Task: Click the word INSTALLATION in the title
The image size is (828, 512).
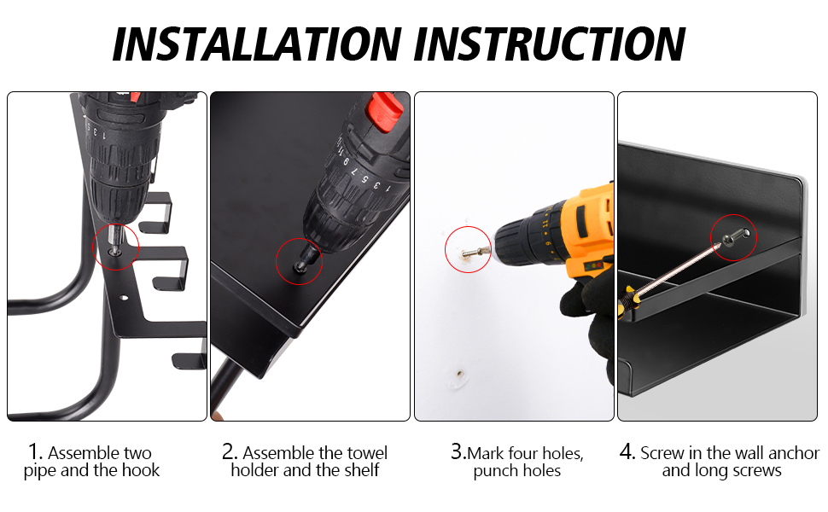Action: click(257, 44)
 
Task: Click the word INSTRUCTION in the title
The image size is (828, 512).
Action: click(550, 44)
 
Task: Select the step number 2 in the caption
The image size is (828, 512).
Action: click(228, 451)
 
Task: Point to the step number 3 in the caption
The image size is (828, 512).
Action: click(457, 451)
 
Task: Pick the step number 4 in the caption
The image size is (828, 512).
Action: click(627, 451)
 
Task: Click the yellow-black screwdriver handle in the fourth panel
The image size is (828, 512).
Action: click(629, 301)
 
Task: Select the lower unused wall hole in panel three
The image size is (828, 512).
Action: click(460, 374)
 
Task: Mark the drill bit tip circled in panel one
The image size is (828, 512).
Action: click(114, 250)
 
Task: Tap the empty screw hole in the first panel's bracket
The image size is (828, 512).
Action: click(124, 298)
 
